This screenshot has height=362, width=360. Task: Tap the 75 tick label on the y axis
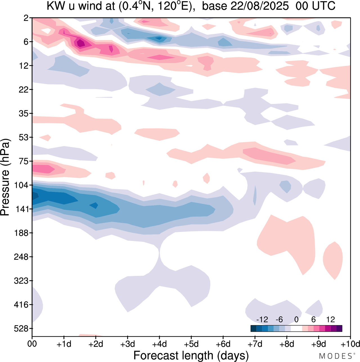[x=25, y=161]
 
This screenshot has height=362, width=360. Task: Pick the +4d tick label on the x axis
[x=159, y=344]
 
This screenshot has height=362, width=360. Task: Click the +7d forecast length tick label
[x=255, y=344]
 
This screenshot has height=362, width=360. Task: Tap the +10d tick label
[x=350, y=344]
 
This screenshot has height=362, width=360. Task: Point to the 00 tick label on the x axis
[x=32, y=344]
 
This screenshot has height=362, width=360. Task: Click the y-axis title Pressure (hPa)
[x=5, y=177]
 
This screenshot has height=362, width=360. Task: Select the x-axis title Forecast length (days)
[x=191, y=356]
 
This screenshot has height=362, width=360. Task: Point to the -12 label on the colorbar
[x=262, y=319]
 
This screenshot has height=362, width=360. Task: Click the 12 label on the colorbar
[x=330, y=319]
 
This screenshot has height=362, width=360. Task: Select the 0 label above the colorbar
[x=296, y=319]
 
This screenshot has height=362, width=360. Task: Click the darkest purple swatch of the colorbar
[x=339, y=329]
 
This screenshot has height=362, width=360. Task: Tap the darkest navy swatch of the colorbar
[x=253, y=329]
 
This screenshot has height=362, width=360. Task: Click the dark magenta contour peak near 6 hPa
[x=81, y=43]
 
